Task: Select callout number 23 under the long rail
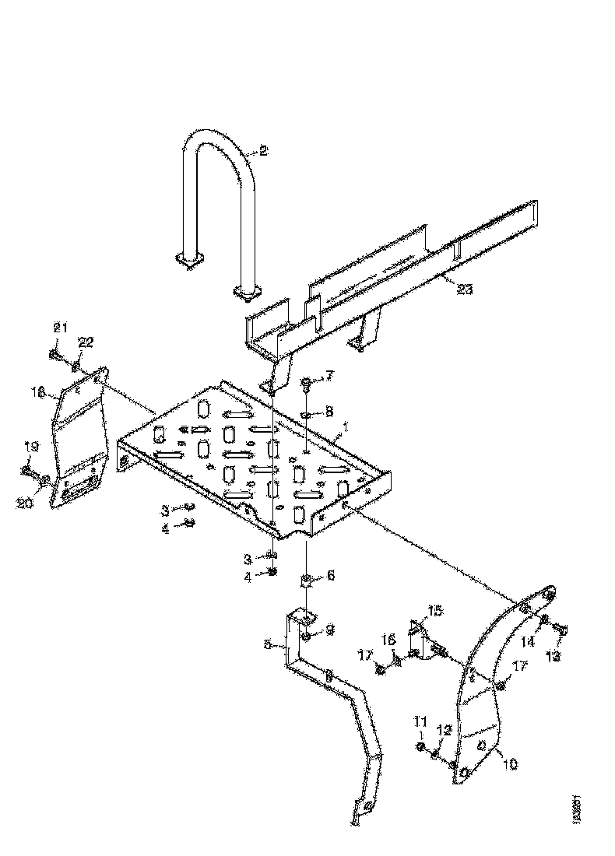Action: (464, 289)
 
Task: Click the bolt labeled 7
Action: (306, 382)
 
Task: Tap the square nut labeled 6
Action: (306, 580)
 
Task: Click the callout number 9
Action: (330, 631)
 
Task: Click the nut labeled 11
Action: (421, 746)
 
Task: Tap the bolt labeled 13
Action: (562, 627)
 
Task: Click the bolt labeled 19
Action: (30, 471)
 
